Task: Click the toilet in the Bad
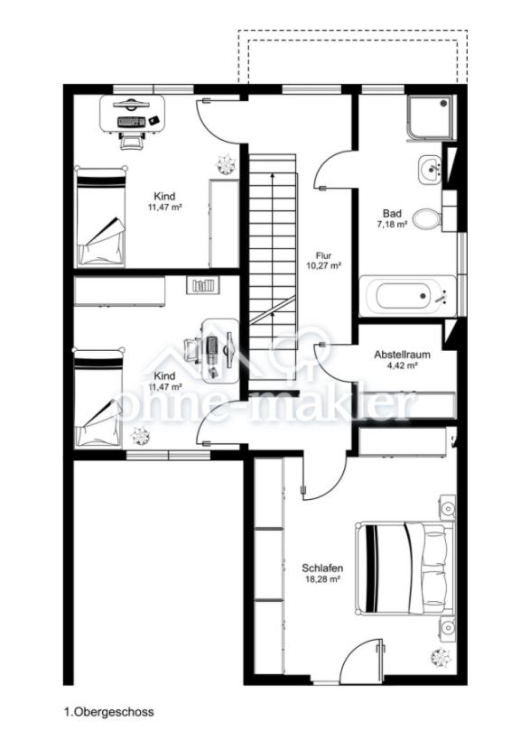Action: [426, 219]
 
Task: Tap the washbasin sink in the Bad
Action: [430, 169]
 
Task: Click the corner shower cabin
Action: [428, 117]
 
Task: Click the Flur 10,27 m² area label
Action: [323, 261]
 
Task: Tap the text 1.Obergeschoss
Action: [109, 712]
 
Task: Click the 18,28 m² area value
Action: [322, 579]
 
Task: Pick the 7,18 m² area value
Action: [393, 224]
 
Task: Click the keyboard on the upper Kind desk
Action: [132, 122]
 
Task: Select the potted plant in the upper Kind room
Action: [226, 163]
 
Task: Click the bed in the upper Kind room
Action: [101, 217]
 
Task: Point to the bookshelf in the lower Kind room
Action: [202, 285]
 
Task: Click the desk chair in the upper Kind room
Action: [132, 140]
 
